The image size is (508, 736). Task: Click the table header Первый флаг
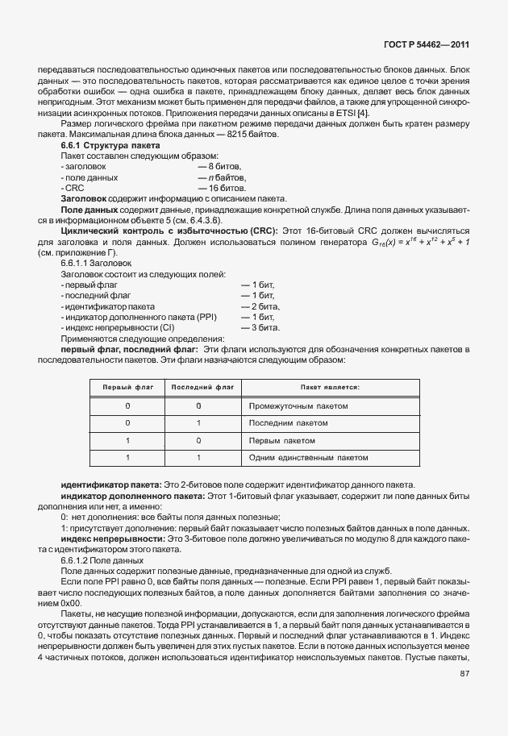click(127, 388)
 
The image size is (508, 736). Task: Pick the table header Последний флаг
click(198, 388)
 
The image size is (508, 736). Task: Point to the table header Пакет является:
click(331, 388)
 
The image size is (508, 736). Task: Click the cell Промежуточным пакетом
click(298, 406)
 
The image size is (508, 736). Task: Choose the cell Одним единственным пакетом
click(309, 458)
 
